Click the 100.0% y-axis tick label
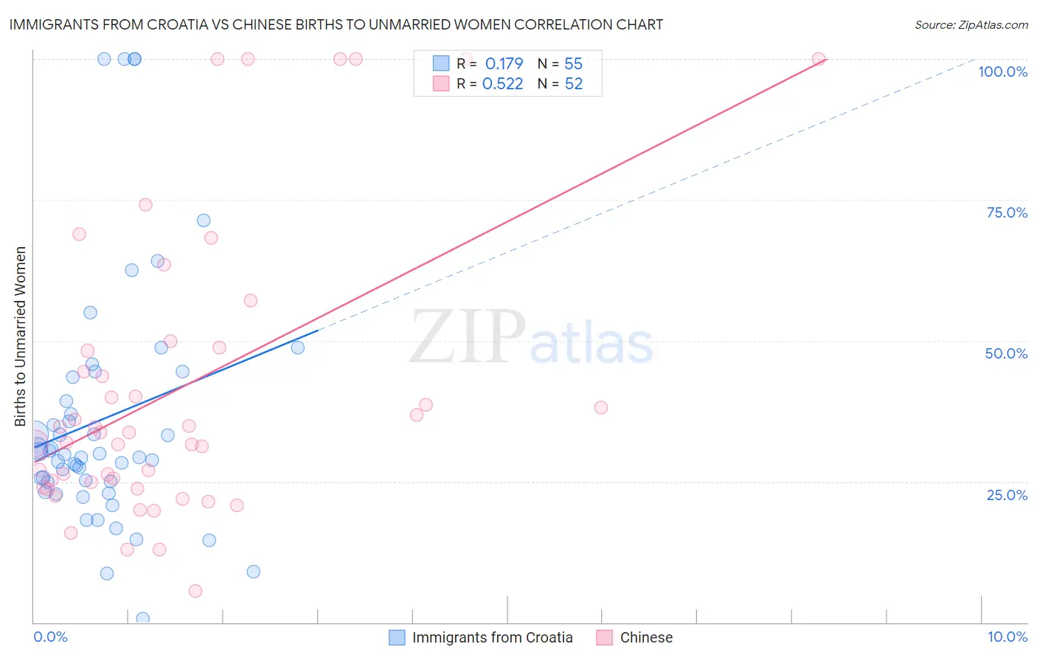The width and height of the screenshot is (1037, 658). [x=1002, y=72]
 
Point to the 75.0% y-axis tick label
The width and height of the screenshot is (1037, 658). [x=1007, y=212]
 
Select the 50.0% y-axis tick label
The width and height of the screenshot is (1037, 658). [x=1006, y=353]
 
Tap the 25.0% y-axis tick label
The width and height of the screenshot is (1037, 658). [x=1007, y=494]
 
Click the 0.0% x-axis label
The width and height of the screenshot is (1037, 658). [x=50, y=637]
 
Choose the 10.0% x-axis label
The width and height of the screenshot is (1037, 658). [x=1007, y=637]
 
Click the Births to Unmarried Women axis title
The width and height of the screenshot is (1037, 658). [x=21, y=336]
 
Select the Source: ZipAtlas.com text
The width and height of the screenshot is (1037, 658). [x=971, y=25]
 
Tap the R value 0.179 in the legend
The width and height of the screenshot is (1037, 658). [x=504, y=63]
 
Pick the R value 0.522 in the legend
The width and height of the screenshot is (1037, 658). [x=502, y=83]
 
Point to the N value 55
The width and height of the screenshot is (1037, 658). [x=573, y=63]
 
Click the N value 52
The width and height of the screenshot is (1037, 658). [x=573, y=83]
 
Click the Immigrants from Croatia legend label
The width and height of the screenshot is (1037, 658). [x=492, y=637]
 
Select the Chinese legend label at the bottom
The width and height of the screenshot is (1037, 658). [x=646, y=637]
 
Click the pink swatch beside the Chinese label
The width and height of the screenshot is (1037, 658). [x=605, y=637]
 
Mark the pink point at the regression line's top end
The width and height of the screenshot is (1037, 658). [x=818, y=59]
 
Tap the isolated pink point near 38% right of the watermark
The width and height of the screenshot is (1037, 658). [x=601, y=407]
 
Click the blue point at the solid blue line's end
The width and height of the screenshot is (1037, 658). [x=298, y=347]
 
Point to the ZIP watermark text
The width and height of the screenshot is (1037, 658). [x=468, y=337]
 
